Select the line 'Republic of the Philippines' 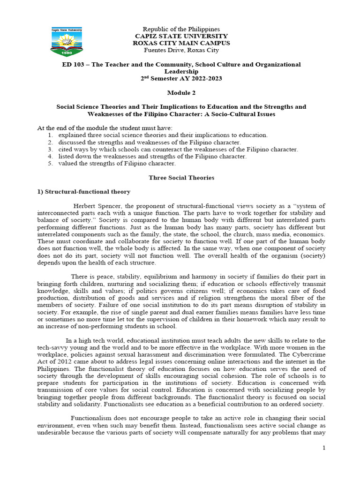(x=181, y=29)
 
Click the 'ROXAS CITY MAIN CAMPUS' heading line (x=181, y=43)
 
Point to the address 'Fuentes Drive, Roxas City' (x=181, y=50)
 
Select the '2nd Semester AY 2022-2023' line (x=181, y=78)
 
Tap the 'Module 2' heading (x=181, y=93)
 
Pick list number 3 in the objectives (x=50, y=150)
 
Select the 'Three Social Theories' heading (x=181, y=178)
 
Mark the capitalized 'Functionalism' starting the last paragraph (x=90, y=418)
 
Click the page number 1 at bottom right (x=323, y=448)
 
